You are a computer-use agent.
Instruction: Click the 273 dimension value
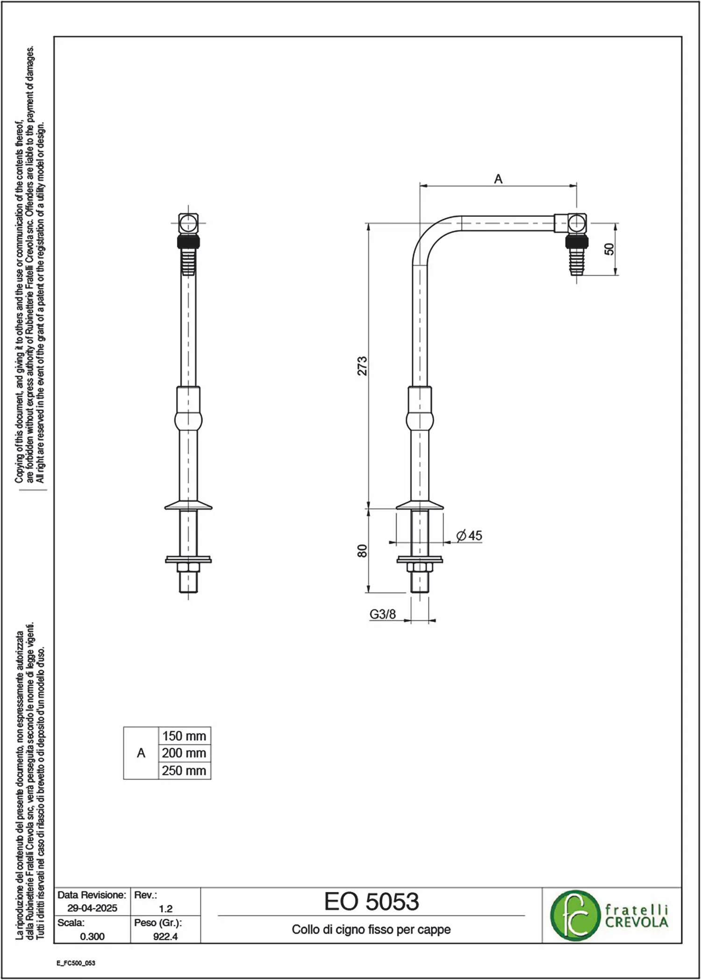pyautogui.click(x=363, y=366)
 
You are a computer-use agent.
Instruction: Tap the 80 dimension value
pyautogui.click(x=363, y=551)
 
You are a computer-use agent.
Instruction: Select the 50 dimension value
pyautogui.click(x=609, y=249)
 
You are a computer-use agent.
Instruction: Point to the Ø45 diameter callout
pyautogui.click(x=469, y=536)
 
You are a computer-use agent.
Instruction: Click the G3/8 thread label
pyautogui.click(x=383, y=614)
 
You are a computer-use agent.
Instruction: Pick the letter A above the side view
pyautogui.click(x=498, y=179)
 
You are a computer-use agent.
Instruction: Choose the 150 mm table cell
pyautogui.click(x=184, y=736)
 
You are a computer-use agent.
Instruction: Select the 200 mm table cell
pyautogui.click(x=184, y=753)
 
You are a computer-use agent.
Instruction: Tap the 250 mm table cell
pyautogui.click(x=184, y=770)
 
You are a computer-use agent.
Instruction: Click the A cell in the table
pyautogui.click(x=141, y=753)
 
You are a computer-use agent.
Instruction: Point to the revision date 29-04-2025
pyautogui.click(x=92, y=908)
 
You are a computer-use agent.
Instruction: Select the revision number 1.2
pyautogui.click(x=165, y=908)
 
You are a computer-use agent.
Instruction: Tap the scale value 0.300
pyautogui.click(x=92, y=936)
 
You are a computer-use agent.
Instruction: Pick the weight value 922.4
pyautogui.click(x=165, y=936)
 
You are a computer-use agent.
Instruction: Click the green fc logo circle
pyautogui.click(x=575, y=916)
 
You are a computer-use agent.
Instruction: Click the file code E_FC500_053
pyautogui.click(x=76, y=963)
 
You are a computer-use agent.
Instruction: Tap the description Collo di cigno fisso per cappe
pyautogui.click(x=371, y=930)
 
